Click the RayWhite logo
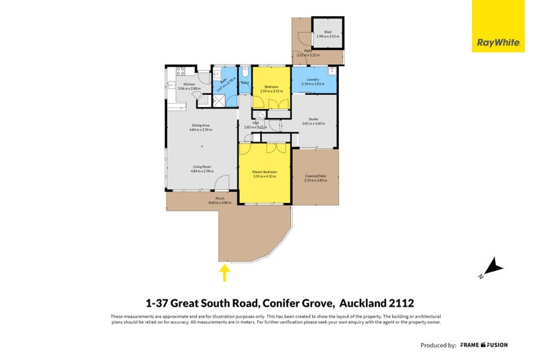coord(498,26)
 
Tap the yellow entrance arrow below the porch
coord(225,272)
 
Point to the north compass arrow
coord(495,268)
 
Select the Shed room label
coord(327,32)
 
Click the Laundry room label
coord(312,80)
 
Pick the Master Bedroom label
coord(264,172)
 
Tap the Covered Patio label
coord(315,175)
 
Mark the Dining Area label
coord(201,125)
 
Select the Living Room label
coord(201,167)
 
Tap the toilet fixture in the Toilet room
coord(246,72)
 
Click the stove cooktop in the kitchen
coord(180,71)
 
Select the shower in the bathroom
coord(218,100)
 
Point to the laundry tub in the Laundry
coord(331,71)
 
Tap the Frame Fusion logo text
coord(484,345)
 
